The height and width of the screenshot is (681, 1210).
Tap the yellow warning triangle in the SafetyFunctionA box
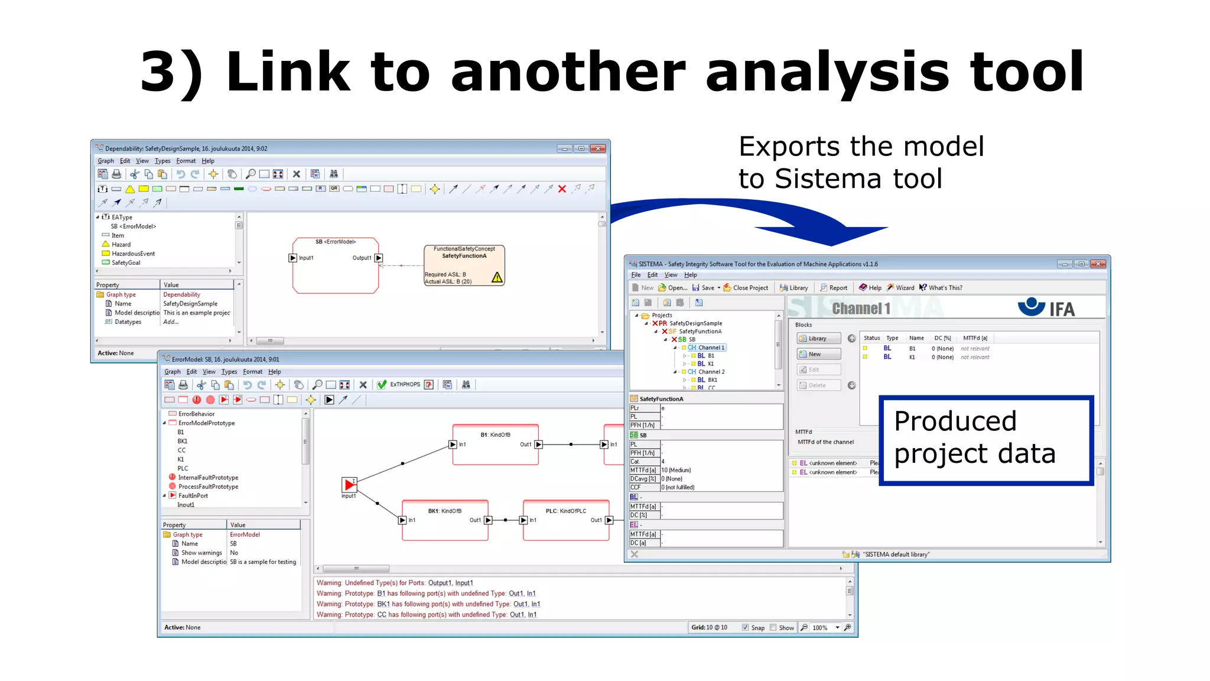[x=497, y=277]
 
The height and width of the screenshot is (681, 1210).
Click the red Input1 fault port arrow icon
[x=349, y=485]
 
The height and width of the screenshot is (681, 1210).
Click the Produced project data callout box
[x=985, y=440]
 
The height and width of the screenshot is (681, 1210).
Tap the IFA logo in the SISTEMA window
[x=1046, y=307]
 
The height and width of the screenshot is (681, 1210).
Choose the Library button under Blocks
[x=818, y=339]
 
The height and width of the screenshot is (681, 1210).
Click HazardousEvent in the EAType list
[x=133, y=254]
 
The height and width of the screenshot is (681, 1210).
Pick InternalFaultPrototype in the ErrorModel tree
[x=208, y=478]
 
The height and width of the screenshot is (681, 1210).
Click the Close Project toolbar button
[x=746, y=288]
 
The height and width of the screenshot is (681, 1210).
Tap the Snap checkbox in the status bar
[x=745, y=628]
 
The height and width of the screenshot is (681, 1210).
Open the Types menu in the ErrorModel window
[x=229, y=372]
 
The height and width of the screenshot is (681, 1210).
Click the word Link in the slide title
[x=288, y=72]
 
